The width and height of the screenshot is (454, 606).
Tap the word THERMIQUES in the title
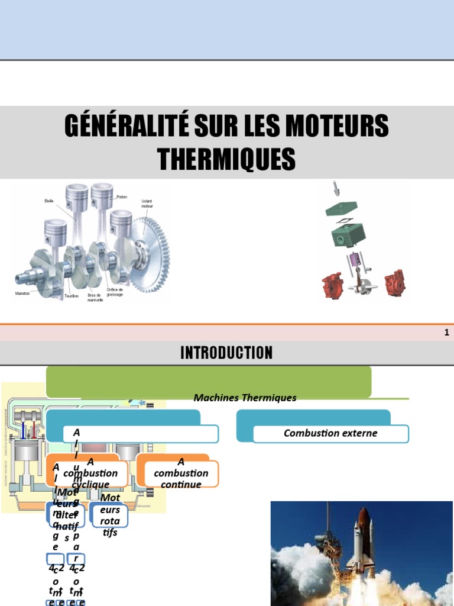[226, 159]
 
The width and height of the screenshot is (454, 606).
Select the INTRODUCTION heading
[226, 353]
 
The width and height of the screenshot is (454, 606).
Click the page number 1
[447, 333]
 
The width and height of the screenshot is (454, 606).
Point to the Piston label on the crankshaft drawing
[122, 196]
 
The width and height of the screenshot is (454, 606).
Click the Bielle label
[48, 201]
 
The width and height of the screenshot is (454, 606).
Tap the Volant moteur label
[147, 204]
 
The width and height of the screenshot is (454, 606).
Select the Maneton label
[23, 293]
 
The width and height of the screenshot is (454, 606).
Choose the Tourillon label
[72, 295]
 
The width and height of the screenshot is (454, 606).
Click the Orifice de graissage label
[115, 292]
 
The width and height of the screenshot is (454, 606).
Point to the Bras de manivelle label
[95, 297]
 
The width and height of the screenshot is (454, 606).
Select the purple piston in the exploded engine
[355, 261]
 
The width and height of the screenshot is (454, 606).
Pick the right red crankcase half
[394, 283]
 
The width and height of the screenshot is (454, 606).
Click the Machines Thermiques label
[245, 398]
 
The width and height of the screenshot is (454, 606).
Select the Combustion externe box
[330, 433]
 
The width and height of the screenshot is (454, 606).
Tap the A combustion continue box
[181, 473]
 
